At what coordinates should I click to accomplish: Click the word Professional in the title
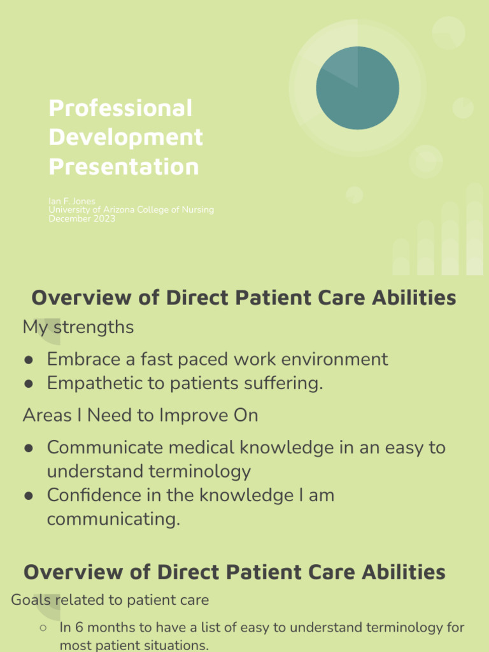[120, 108]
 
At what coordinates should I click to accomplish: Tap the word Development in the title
[125, 138]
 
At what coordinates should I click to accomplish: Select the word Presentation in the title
[124, 166]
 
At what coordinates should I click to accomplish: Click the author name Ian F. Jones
[72, 201]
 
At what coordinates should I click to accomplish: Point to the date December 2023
[82, 219]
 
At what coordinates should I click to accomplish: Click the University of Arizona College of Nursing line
[131, 210]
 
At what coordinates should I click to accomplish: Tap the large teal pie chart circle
[358, 88]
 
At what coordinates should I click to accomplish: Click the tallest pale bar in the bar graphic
[475, 229]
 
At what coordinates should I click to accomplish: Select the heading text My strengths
[78, 327]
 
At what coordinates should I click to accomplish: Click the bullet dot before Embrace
[29, 360]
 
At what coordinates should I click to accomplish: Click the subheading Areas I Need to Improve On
[141, 415]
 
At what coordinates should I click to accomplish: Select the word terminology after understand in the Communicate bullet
[199, 472]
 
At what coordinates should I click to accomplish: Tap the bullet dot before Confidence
[29, 496]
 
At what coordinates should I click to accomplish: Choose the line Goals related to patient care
[110, 600]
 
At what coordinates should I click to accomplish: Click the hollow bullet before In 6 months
[43, 628]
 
